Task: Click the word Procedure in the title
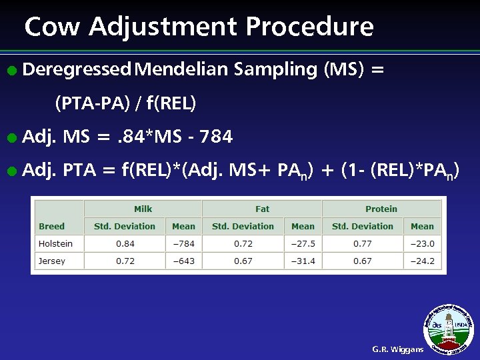pos(309,27)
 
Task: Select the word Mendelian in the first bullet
pos(181,69)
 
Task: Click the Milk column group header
pos(143,209)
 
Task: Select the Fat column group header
pos(262,209)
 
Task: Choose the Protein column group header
pos(381,209)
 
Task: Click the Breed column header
pos(52,226)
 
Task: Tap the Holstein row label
pos(55,243)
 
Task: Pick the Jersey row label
pos(52,261)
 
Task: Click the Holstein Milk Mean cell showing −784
pos(183,243)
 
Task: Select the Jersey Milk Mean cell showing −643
pos(183,261)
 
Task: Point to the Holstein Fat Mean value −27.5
pos(303,243)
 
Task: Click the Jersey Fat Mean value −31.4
pos(303,261)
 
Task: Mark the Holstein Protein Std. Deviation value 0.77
pos(363,243)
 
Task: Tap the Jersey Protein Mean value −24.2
pos(422,261)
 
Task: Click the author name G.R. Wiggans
pos(397,349)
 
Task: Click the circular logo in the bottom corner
pos(451,328)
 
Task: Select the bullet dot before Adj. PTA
pos(10,172)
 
